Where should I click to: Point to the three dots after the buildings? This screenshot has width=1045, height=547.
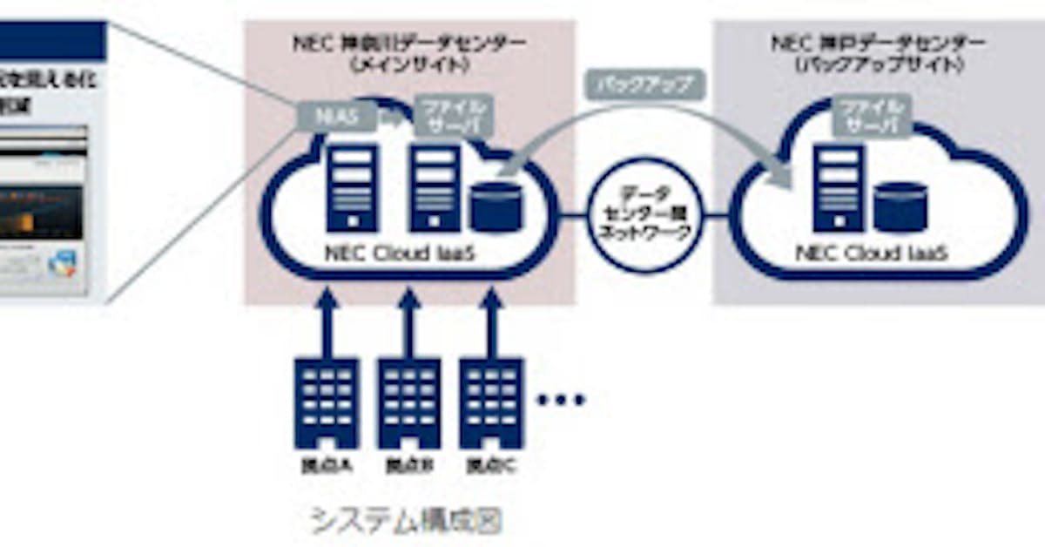pos(561,400)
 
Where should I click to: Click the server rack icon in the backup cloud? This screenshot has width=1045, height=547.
pos(838,188)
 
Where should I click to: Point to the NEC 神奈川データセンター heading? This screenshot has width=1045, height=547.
pos(407,51)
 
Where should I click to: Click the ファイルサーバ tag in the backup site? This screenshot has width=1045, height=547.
pos(872,117)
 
